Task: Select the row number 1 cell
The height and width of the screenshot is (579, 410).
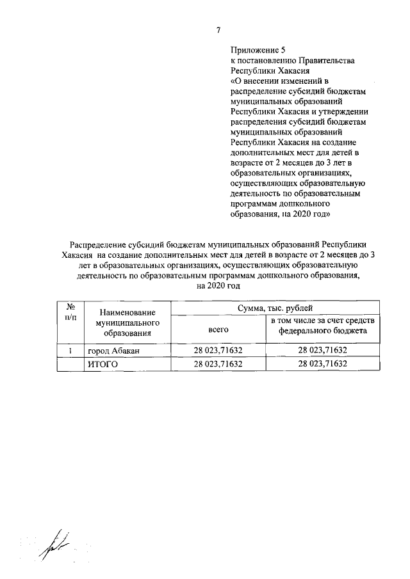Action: pos(70,350)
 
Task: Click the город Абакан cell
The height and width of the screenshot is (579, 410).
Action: pos(113,351)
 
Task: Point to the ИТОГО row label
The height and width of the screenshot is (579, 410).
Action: pos(104,363)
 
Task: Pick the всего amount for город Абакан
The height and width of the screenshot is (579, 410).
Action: pos(218,351)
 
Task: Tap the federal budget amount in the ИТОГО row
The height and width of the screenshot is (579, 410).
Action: pos(322,363)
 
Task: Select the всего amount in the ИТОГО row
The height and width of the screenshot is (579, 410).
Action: pos(218,363)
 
